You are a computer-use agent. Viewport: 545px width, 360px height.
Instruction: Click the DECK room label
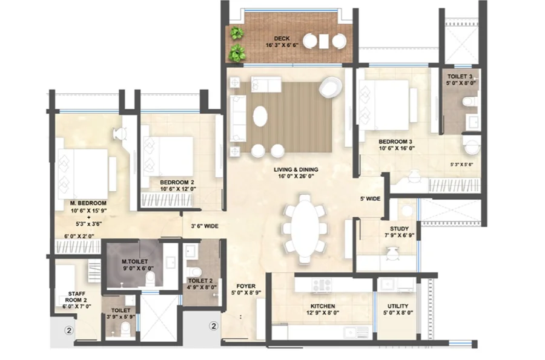pyautogui.click(x=282, y=39)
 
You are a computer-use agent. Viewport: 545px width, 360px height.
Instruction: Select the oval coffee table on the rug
pyautogui.click(x=260, y=116)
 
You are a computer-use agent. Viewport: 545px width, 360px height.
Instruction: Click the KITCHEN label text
pyautogui.click(x=323, y=306)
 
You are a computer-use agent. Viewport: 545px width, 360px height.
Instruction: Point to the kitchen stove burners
pyautogui.click(x=322, y=284)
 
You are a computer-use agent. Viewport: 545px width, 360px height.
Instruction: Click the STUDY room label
pyautogui.click(x=400, y=229)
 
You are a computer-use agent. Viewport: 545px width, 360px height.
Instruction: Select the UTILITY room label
pyautogui.click(x=398, y=306)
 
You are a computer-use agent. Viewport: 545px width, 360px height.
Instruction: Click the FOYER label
pyautogui.click(x=246, y=286)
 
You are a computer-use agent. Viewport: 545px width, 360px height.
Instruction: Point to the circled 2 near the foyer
pyautogui.click(x=214, y=326)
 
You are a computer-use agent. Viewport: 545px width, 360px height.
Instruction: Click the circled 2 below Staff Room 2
pyautogui.click(x=69, y=330)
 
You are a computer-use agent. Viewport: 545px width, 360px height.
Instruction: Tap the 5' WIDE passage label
pyautogui.click(x=370, y=199)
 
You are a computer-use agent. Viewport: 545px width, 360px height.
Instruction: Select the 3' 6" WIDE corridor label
pyautogui.click(x=205, y=226)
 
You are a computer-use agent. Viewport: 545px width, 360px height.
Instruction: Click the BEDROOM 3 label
pyautogui.click(x=395, y=142)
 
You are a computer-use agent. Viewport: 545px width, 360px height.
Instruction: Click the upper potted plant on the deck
pyautogui.click(x=237, y=33)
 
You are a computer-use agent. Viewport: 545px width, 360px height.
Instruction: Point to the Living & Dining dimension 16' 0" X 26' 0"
pyautogui.click(x=296, y=176)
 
